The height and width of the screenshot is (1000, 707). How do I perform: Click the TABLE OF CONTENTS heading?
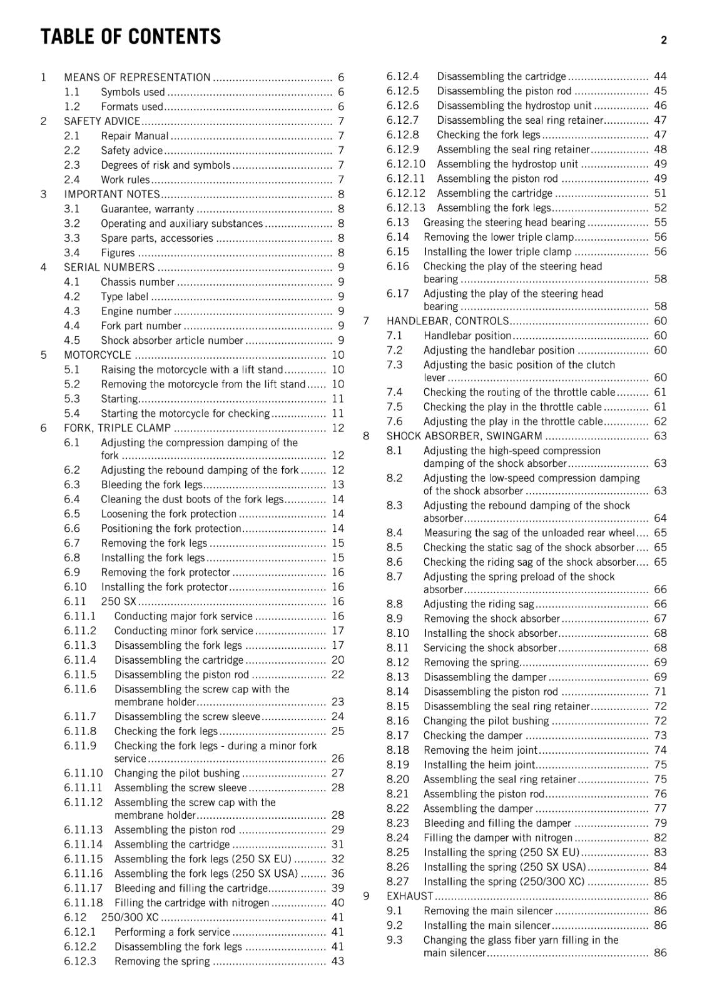(130, 37)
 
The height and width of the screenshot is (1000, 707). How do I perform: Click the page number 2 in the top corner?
(663, 40)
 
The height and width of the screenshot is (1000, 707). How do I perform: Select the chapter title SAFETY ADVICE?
(102, 121)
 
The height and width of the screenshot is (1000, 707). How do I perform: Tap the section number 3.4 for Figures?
(72, 252)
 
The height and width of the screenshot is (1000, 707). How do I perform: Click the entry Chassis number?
(138, 282)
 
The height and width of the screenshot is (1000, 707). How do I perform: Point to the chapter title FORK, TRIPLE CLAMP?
(117, 428)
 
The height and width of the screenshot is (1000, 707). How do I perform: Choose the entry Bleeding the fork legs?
(152, 484)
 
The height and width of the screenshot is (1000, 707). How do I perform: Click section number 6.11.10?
(83, 773)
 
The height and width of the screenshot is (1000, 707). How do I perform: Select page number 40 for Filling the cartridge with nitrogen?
(338, 902)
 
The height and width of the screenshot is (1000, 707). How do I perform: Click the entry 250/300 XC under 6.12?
(130, 917)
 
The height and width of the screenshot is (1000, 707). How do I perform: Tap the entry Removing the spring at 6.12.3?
(162, 961)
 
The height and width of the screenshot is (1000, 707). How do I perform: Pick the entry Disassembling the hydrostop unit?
(514, 106)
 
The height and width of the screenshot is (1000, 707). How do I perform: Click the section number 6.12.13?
(405, 207)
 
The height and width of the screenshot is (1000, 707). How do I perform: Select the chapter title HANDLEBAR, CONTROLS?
(447, 321)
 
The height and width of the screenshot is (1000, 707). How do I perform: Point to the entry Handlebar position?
(467, 336)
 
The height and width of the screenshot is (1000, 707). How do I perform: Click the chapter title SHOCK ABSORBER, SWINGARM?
(464, 436)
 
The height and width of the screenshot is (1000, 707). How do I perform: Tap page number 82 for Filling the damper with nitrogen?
(660, 837)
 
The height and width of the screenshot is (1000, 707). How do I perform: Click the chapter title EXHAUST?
(409, 896)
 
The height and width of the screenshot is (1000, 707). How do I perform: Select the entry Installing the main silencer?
(487, 926)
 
